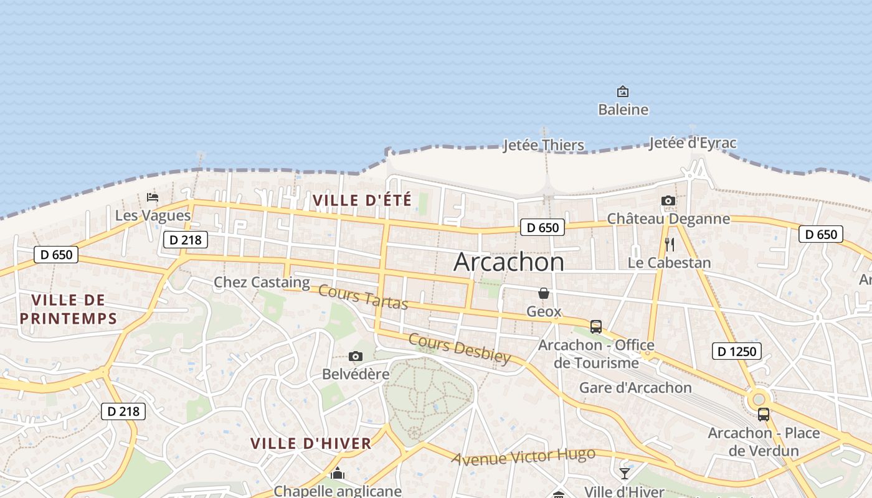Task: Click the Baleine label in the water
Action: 623,110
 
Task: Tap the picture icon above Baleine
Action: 622,92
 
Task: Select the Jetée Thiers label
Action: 544,146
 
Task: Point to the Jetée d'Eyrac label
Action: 693,143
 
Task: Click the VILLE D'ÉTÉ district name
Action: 362,200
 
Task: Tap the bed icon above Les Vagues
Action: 153,197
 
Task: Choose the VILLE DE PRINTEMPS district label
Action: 68,309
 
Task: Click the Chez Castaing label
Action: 262,283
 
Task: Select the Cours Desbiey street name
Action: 460,349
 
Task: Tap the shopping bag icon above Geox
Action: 544,293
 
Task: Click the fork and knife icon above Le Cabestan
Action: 670,244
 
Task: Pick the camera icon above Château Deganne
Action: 668,200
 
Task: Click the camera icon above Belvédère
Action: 356,356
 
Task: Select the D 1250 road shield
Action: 736,351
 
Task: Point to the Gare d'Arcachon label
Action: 635,388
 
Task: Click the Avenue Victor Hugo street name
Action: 523,457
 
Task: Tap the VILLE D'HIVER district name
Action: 311,444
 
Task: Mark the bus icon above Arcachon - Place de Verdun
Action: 764,414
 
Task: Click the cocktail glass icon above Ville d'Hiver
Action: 625,474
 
